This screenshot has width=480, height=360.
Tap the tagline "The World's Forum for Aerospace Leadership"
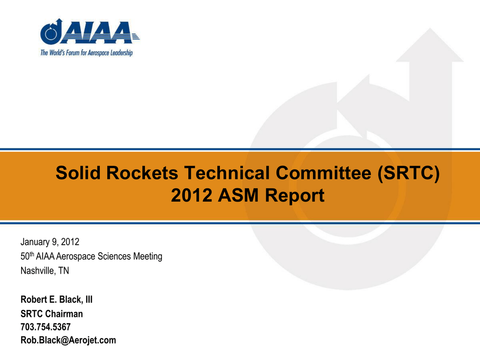[87, 53]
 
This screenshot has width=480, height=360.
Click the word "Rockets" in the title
[142, 172]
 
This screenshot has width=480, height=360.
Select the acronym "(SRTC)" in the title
[409, 173]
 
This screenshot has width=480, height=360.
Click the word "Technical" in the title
[227, 172]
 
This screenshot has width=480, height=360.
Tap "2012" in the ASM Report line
[192, 195]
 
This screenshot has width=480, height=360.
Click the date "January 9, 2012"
[50, 242]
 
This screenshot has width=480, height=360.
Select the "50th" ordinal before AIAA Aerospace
[27, 256]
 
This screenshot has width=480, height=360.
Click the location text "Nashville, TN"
[45, 270]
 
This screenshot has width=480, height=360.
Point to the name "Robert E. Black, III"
[57, 300]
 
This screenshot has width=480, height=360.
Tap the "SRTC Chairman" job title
[52, 314]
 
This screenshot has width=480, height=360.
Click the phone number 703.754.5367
[45, 327]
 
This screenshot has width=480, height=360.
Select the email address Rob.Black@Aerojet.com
[68, 340]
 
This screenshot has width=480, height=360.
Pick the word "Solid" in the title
[78, 172]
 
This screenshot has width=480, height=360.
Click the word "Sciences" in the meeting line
[114, 256]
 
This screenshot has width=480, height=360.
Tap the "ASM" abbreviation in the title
[239, 195]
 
